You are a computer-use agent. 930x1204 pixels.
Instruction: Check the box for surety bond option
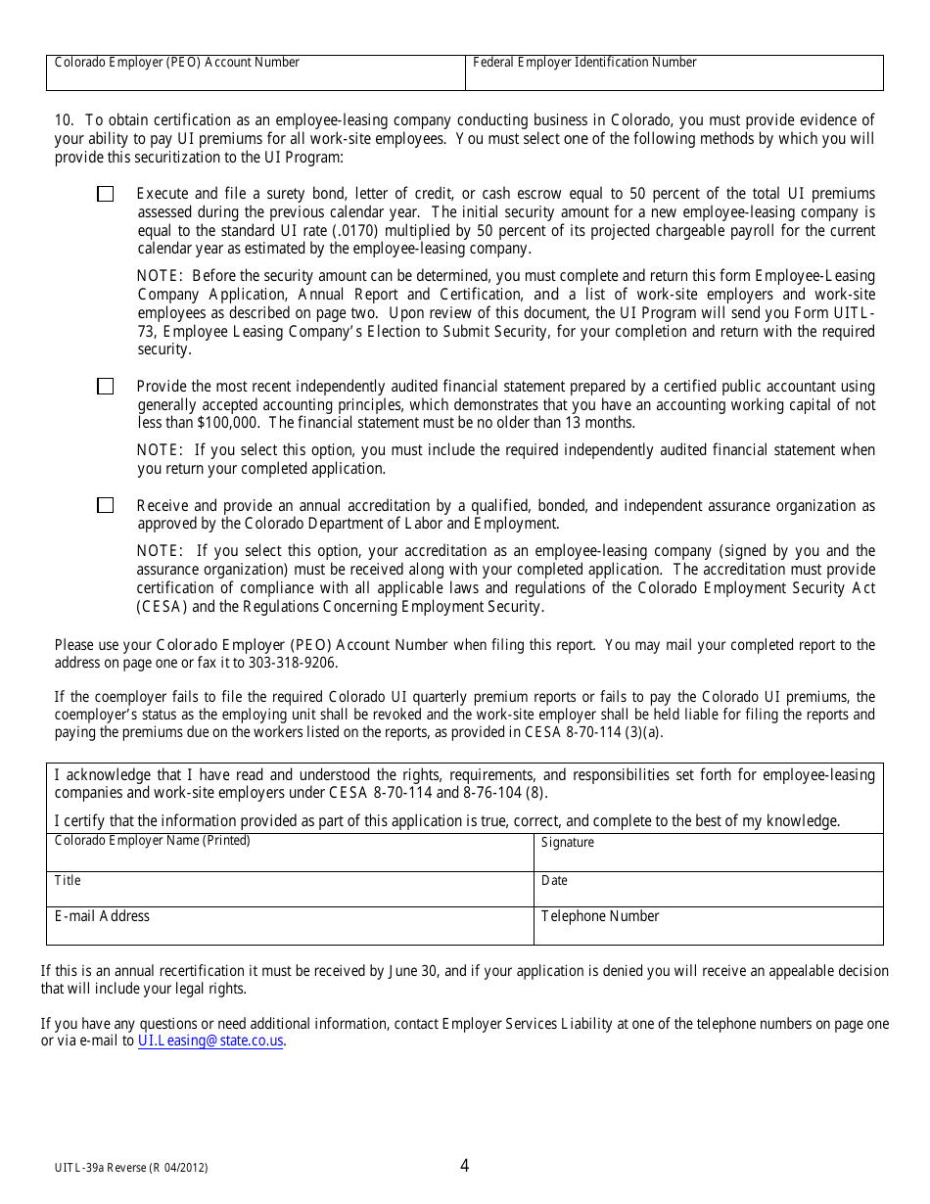(x=106, y=194)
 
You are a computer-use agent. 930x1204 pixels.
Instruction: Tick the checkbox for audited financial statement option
(x=106, y=387)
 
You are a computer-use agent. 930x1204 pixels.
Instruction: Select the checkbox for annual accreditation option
(x=106, y=505)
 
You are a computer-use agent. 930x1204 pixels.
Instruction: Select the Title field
(x=290, y=893)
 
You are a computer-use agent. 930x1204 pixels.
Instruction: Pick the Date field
(x=708, y=893)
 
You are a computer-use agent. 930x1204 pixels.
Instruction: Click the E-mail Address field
(x=290, y=931)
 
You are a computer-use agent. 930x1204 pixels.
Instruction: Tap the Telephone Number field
(x=708, y=931)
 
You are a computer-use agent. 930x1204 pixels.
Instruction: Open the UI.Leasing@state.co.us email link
(x=210, y=1042)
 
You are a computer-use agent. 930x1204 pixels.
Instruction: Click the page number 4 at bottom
(x=464, y=1165)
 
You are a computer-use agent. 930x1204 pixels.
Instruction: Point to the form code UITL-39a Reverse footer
(x=131, y=1168)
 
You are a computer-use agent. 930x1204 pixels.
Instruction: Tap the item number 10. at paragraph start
(x=64, y=120)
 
